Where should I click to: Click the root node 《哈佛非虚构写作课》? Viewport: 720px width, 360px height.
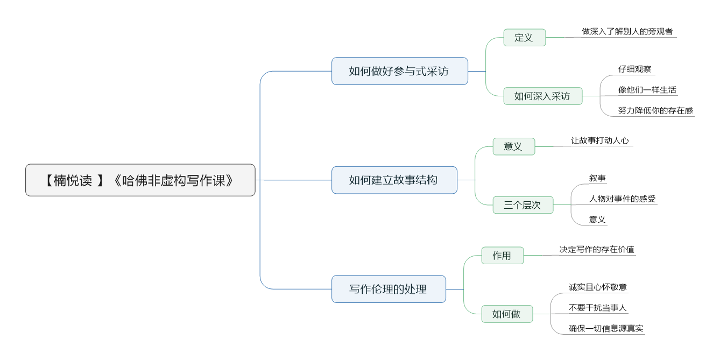(x=140, y=180)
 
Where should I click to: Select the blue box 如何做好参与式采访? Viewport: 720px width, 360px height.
(x=399, y=71)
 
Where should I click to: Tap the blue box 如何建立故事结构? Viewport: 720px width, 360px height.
(x=394, y=180)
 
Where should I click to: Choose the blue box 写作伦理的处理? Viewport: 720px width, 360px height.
(x=389, y=289)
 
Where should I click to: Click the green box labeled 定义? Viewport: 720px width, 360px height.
(x=525, y=38)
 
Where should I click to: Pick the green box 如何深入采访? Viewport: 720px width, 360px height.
(x=543, y=96)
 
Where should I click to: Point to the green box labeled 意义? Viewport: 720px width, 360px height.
(x=514, y=146)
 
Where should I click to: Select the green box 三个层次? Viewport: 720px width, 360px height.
(x=523, y=204)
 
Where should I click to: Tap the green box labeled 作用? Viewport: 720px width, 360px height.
(x=503, y=256)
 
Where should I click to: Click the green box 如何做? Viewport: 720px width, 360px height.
(x=507, y=314)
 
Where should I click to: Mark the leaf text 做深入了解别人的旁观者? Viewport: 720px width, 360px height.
(x=627, y=32)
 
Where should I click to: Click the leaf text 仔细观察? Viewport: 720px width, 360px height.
(x=634, y=69)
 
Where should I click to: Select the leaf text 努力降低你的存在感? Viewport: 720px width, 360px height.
(x=655, y=110)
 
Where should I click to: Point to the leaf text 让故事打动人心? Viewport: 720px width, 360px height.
(x=600, y=140)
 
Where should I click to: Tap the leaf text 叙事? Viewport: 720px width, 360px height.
(x=597, y=178)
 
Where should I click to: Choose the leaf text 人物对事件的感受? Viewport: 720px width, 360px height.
(x=622, y=199)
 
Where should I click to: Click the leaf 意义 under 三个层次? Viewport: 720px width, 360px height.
(x=597, y=220)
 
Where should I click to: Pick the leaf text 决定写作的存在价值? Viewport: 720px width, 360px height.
(x=597, y=250)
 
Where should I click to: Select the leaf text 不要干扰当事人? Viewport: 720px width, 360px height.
(x=597, y=308)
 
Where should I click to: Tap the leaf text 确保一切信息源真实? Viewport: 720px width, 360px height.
(x=606, y=328)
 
